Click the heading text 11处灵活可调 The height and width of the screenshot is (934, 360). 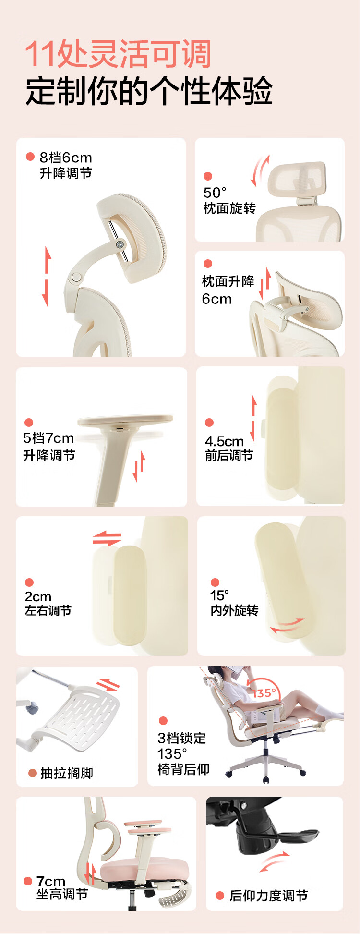[118, 54]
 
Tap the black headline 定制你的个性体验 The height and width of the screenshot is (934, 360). [149, 90]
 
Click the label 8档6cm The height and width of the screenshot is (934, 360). [66, 158]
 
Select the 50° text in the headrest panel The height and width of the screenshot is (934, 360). [215, 193]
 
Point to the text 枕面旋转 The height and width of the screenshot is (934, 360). [229, 208]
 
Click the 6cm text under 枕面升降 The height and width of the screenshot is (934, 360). [216, 299]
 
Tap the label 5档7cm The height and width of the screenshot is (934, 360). [48, 438]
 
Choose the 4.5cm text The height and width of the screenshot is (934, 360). [224, 441]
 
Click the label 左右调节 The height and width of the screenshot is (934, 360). [48, 610]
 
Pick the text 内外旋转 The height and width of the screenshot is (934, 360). [234, 610]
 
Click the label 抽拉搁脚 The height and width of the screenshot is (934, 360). [67, 773]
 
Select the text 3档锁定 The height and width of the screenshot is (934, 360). [182, 738]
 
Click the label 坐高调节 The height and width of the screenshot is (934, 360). [62, 894]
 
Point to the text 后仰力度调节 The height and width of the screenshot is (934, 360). [269, 896]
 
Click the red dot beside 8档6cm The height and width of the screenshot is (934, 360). [30, 157]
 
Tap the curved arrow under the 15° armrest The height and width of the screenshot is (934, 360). [287, 625]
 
